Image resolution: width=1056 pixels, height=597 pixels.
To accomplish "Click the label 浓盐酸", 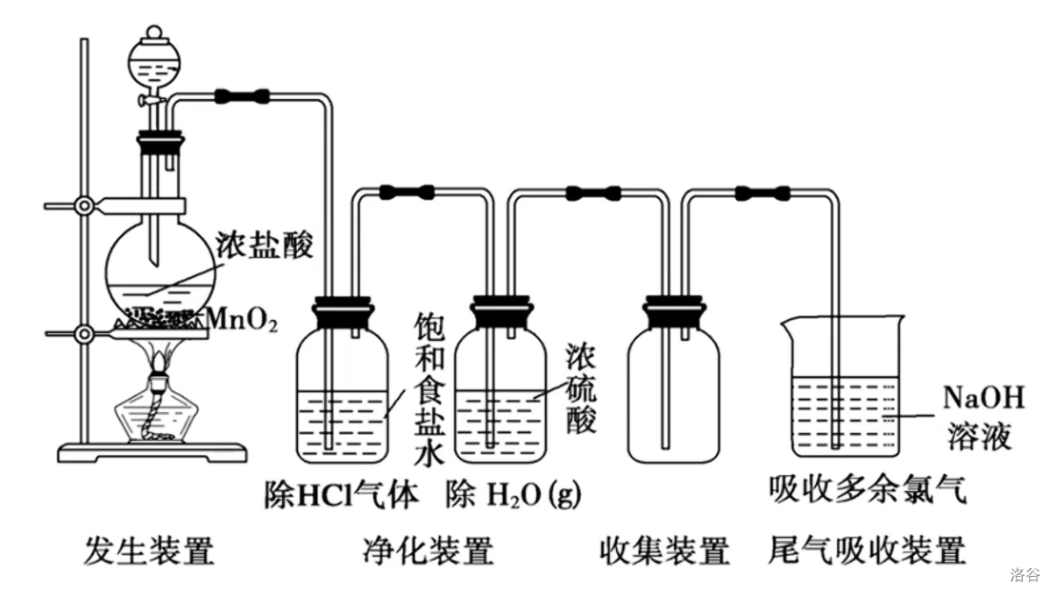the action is click(265, 245).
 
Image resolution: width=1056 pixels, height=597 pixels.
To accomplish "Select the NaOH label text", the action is click(984, 397).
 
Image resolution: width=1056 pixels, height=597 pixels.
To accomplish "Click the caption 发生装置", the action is click(149, 550).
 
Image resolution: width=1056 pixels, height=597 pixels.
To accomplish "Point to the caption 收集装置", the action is click(665, 550).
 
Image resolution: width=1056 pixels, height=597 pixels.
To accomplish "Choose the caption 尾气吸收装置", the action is click(867, 550).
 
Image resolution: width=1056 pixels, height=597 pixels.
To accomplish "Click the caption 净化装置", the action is click(428, 550).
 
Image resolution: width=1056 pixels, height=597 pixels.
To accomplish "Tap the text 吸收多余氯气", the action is click(868, 489).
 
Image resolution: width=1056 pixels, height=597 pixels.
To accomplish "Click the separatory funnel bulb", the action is click(154, 63).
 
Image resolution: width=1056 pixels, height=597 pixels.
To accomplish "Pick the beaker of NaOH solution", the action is click(844, 387).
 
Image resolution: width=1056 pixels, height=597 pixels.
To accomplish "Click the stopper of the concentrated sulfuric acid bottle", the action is click(501, 311).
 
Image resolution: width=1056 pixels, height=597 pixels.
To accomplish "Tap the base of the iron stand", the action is click(152, 452).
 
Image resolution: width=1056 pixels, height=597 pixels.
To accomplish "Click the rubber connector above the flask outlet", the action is click(243, 96).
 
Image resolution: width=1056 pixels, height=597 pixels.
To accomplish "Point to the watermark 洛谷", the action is click(1025, 575).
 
